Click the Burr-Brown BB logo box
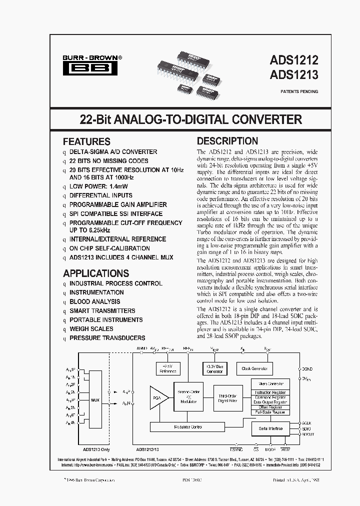tap(90, 69)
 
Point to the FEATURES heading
tap(86, 141)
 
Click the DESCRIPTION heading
tap(227, 141)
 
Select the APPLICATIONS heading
tap(96, 273)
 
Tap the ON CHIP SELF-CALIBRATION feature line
tap(109, 248)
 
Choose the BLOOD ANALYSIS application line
tap(94, 301)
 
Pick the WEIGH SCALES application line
tap(91, 328)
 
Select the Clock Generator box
tap(254, 369)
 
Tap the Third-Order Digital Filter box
tap(227, 398)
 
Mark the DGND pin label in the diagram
tap(307, 369)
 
